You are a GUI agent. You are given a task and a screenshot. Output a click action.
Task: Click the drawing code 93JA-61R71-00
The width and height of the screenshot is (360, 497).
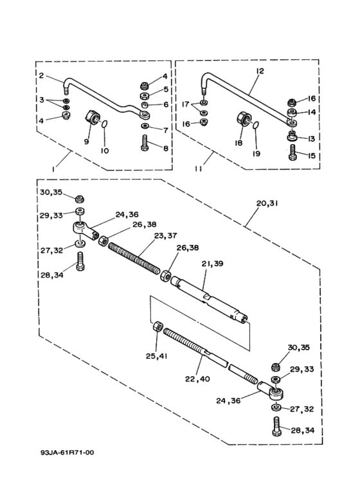[67, 452]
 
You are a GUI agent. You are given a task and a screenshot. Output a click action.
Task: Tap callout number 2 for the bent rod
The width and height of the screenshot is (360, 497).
[42, 76]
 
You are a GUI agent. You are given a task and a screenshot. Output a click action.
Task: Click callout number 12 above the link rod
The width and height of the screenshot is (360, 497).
[260, 71]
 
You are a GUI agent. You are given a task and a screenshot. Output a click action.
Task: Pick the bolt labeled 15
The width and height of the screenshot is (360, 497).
[292, 153]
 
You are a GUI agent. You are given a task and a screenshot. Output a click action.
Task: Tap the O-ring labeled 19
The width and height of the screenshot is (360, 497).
[256, 125]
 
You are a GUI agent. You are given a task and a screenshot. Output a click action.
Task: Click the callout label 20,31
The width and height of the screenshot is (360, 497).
[267, 203]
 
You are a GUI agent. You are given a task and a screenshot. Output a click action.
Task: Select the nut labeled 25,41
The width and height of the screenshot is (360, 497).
[157, 326]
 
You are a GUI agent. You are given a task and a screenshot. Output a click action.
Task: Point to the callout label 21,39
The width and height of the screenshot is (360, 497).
[213, 264]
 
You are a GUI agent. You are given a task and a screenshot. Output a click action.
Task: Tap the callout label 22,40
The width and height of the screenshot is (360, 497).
[198, 379]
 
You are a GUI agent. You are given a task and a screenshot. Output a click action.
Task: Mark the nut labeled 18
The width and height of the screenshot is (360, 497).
[244, 119]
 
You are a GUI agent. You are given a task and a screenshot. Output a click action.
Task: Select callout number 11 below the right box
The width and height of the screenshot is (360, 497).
[199, 169]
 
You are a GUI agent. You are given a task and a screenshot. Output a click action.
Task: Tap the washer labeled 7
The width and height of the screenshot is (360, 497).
[145, 126]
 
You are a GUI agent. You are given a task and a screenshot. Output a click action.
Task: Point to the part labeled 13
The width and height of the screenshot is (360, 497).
[292, 136]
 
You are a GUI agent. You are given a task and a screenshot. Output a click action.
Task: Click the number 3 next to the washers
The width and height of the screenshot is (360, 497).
[42, 100]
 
